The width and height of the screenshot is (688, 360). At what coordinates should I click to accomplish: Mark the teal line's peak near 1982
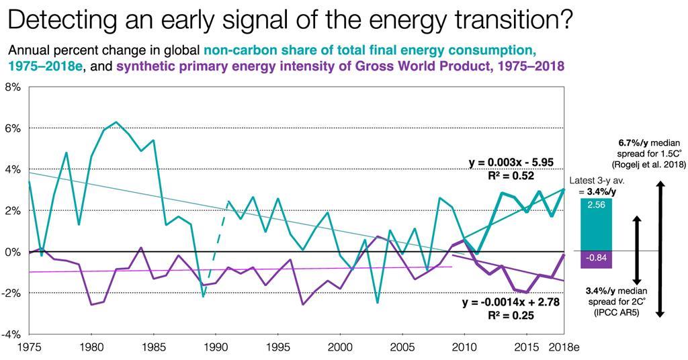pyautogui.click(x=116, y=122)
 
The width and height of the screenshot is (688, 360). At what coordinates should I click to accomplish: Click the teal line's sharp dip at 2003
pyautogui.click(x=378, y=302)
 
